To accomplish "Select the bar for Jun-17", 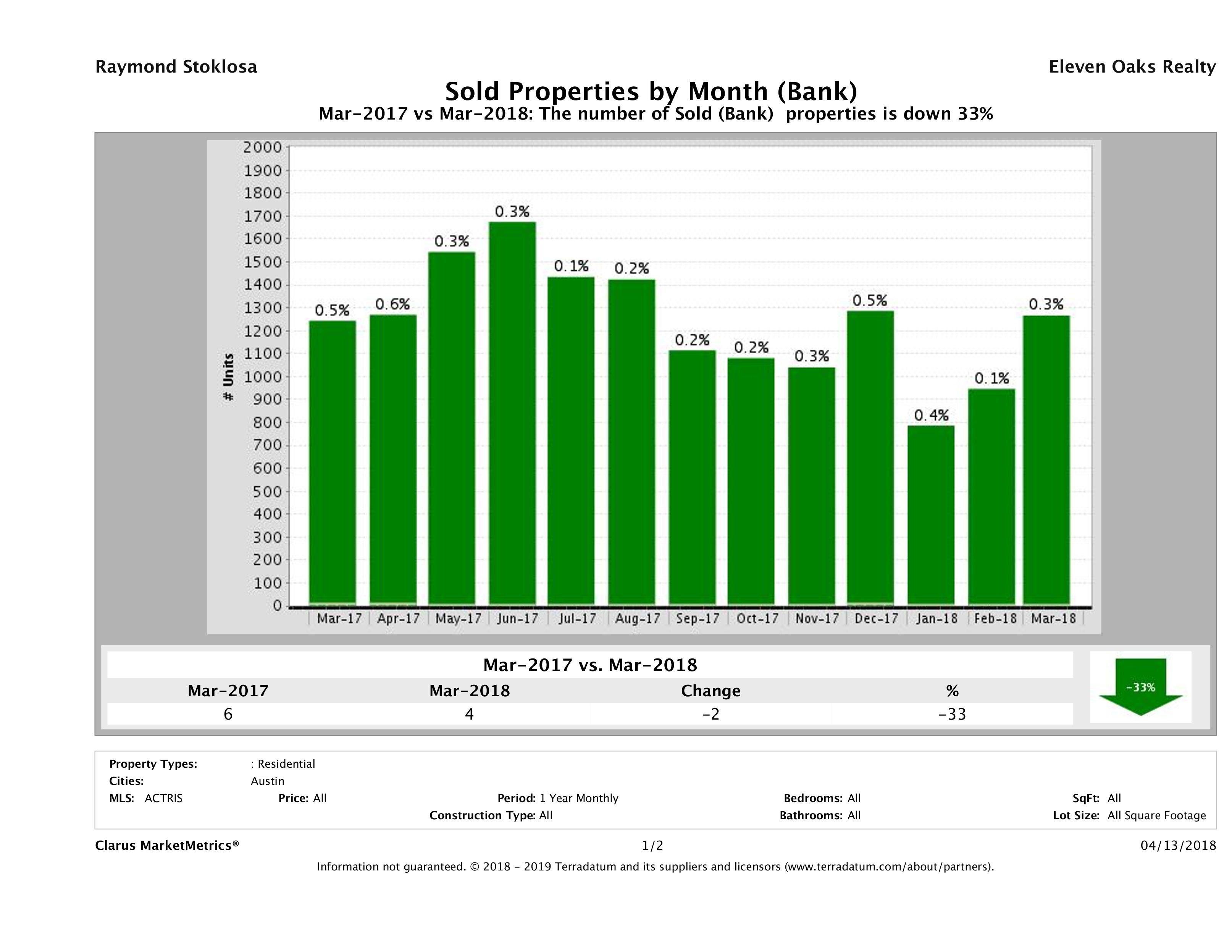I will pos(512,413).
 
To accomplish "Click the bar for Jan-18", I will pos(931,515).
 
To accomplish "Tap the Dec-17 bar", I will pos(870,457).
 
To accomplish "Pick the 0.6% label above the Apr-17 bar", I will pos(392,304).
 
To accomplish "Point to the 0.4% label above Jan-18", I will pos(931,415).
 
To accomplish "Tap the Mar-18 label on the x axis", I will pos(1053,618).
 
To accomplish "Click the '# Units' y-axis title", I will pos(228,377).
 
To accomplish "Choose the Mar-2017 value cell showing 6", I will pos(228,714).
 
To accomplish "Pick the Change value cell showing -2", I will pos(711,714).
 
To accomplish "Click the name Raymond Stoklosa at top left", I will pos(176,67).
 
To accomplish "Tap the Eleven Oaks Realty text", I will pos(1132,67).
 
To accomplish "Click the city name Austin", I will pos(267,781).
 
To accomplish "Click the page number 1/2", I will pos(652,846).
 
